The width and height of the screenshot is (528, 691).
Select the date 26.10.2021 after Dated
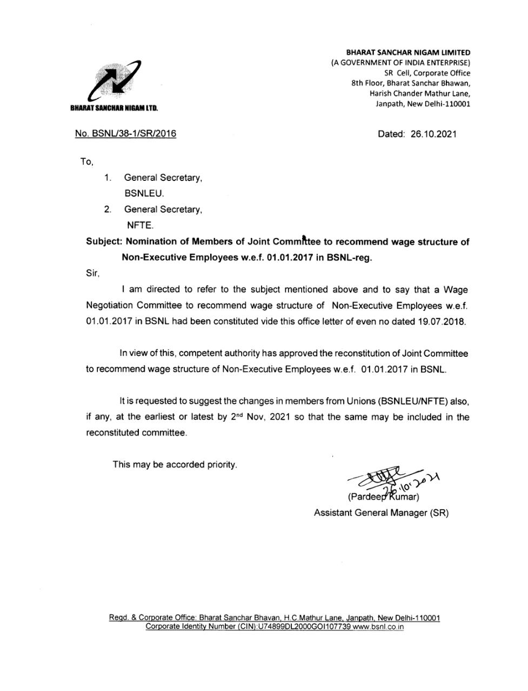tap(433, 134)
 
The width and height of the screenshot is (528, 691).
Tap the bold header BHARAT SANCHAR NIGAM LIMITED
tap(408, 53)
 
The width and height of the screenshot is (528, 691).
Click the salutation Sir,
tap(92, 274)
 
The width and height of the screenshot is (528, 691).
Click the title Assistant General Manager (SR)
tap(381, 513)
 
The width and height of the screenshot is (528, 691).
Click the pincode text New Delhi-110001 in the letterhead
tap(439, 104)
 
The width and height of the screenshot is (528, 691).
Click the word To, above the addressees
tap(86, 161)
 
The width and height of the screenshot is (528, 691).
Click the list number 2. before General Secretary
tap(108, 209)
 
